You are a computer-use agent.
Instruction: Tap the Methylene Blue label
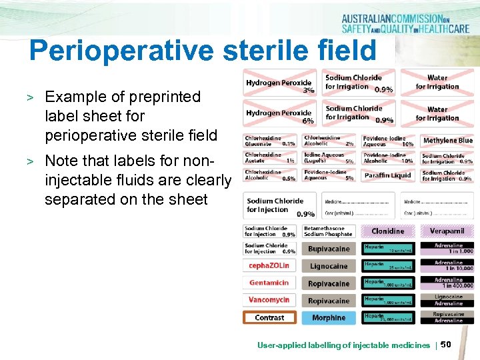pyautogui.click(x=447, y=140)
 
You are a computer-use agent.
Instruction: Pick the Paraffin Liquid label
pyautogui.click(x=387, y=175)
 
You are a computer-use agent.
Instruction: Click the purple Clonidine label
pyautogui.click(x=387, y=231)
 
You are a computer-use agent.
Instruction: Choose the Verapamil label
pyautogui.click(x=447, y=231)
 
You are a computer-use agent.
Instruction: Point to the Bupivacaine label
pyautogui.click(x=329, y=249)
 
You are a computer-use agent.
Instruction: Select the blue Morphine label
pyautogui.click(x=329, y=318)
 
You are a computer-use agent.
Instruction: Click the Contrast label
pyautogui.click(x=269, y=318)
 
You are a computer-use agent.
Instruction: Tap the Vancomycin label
pyautogui.click(x=269, y=300)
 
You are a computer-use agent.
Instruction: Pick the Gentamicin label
pyautogui.click(x=269, y=283)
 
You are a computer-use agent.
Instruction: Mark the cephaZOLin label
pyautogui.click(x=269, y=266)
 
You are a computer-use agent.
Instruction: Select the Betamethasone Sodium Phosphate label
pyautogui.click(x=329, y=231)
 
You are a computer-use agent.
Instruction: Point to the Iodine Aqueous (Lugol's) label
pyautogui.click(x=329, y=158)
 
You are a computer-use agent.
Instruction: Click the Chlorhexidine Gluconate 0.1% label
pyautogui.click(x=270, y=140)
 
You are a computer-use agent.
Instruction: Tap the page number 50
pyautogui.click(x=446, y=344)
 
